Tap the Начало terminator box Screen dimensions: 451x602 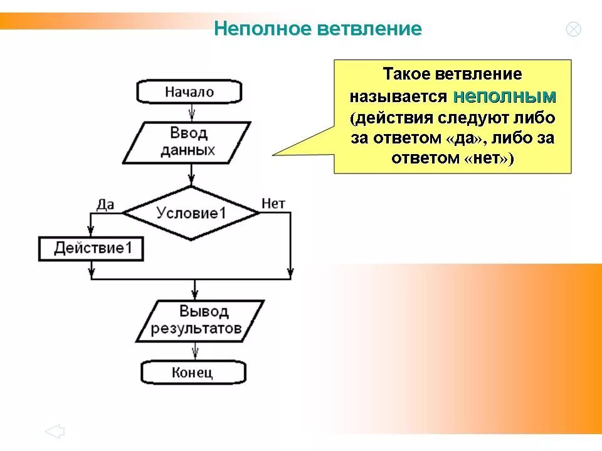click(x=189, y=92)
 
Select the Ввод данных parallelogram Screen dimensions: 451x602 click(x=187, y=142)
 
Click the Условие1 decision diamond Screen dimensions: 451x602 click(x=191, y=213)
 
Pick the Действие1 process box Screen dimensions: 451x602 click(x=92, y=248)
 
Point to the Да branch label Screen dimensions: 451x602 click(x=106, y=204)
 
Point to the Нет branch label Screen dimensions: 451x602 click(x=273, y=204)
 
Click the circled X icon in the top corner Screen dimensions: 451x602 click(x=573, y=29)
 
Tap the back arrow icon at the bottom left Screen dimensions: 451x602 click(x=55, y=431)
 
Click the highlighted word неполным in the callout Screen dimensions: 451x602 click(x=505, y=96)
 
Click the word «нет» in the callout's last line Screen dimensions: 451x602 click(x=487, y=158)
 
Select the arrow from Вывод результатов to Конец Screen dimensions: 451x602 click(x=196, y=351)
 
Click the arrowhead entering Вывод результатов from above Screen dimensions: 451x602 click(x=195, y=292)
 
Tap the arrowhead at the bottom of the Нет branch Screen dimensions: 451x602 click(x=290, y=273)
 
